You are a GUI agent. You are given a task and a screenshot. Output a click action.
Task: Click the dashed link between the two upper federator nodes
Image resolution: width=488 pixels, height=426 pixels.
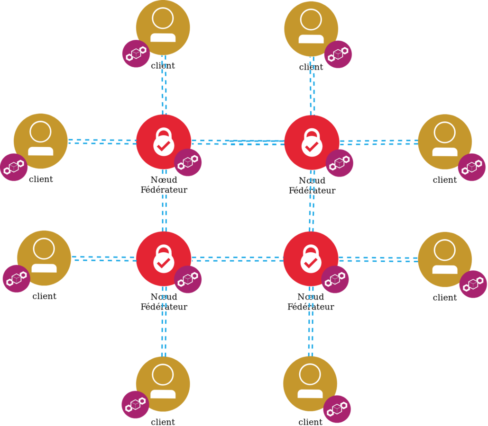[x=237, y=142]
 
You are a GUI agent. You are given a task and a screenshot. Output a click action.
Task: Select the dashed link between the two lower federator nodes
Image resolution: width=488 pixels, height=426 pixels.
[x=237, y=259]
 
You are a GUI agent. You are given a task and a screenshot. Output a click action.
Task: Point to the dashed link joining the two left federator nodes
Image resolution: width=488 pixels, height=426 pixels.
[x=164, y=213]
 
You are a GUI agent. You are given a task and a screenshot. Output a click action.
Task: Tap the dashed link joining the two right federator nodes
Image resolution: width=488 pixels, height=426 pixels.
[x=312, y=213]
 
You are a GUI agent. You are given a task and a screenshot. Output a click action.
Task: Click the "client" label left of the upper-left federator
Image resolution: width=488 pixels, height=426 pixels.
[x=41, y=179]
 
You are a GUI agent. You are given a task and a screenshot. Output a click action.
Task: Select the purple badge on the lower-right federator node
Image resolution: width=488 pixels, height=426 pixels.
[x=335, y=279]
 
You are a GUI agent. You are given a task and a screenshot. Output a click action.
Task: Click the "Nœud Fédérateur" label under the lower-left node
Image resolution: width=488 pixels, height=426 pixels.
[x=164, y=302]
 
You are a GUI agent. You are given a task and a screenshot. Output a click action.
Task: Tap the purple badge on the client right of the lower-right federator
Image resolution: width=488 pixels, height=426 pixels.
[x=473, y=284]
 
